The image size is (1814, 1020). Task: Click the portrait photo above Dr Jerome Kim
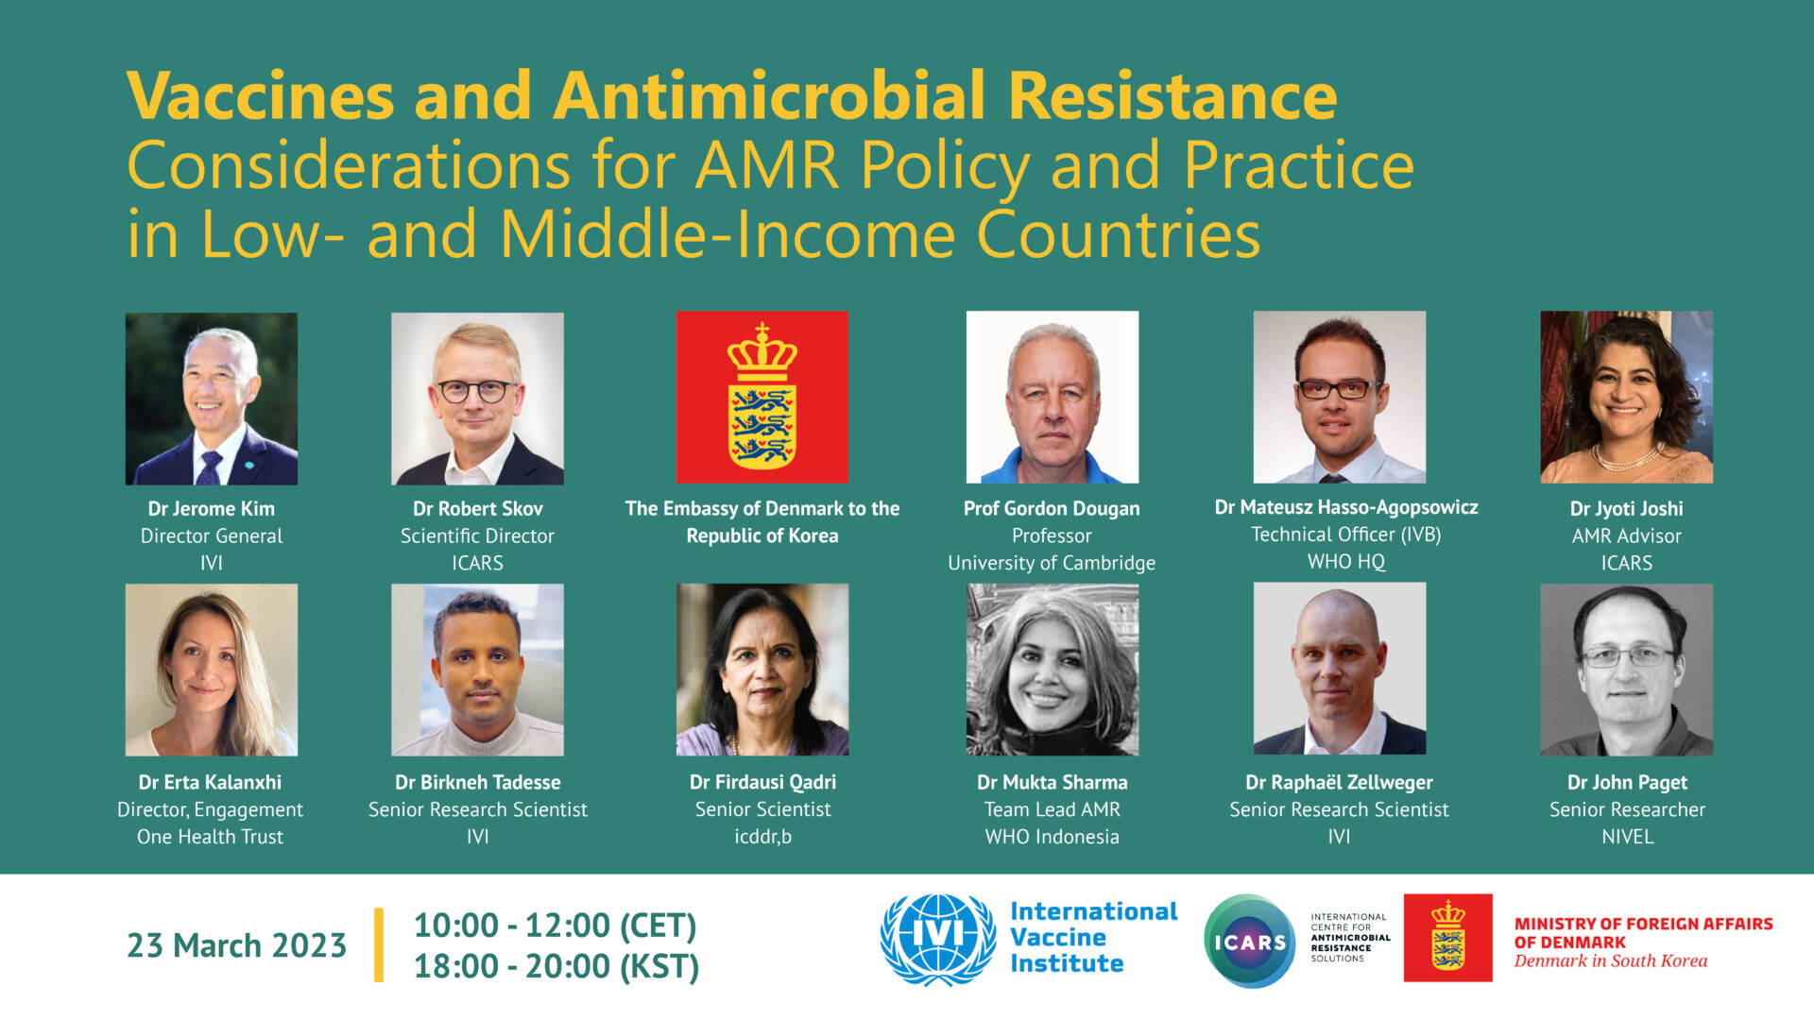212,399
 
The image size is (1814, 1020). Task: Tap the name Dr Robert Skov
478,509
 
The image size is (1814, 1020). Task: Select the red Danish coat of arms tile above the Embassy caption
762,398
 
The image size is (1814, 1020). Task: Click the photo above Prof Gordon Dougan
1052,398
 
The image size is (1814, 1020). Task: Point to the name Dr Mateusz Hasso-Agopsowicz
1346,508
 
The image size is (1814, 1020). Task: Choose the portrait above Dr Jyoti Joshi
1627,398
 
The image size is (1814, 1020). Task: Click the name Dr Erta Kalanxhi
210,783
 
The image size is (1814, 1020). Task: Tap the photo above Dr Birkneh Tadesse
478,670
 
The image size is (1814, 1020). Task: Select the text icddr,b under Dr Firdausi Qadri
763,837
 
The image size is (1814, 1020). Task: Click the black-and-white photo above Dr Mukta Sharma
1052,670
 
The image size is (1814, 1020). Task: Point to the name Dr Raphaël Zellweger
1340,783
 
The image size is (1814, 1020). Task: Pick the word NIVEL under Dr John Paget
1628,837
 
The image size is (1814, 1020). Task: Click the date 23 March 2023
237,945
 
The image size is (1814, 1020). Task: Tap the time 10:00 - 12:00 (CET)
556,926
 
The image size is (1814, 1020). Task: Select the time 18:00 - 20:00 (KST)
556,966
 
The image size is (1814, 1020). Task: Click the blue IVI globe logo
938,940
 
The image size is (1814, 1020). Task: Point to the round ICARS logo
1250,942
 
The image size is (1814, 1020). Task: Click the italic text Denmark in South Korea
1611,961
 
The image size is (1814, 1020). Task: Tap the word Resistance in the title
1172,95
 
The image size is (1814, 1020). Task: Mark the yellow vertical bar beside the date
379,945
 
